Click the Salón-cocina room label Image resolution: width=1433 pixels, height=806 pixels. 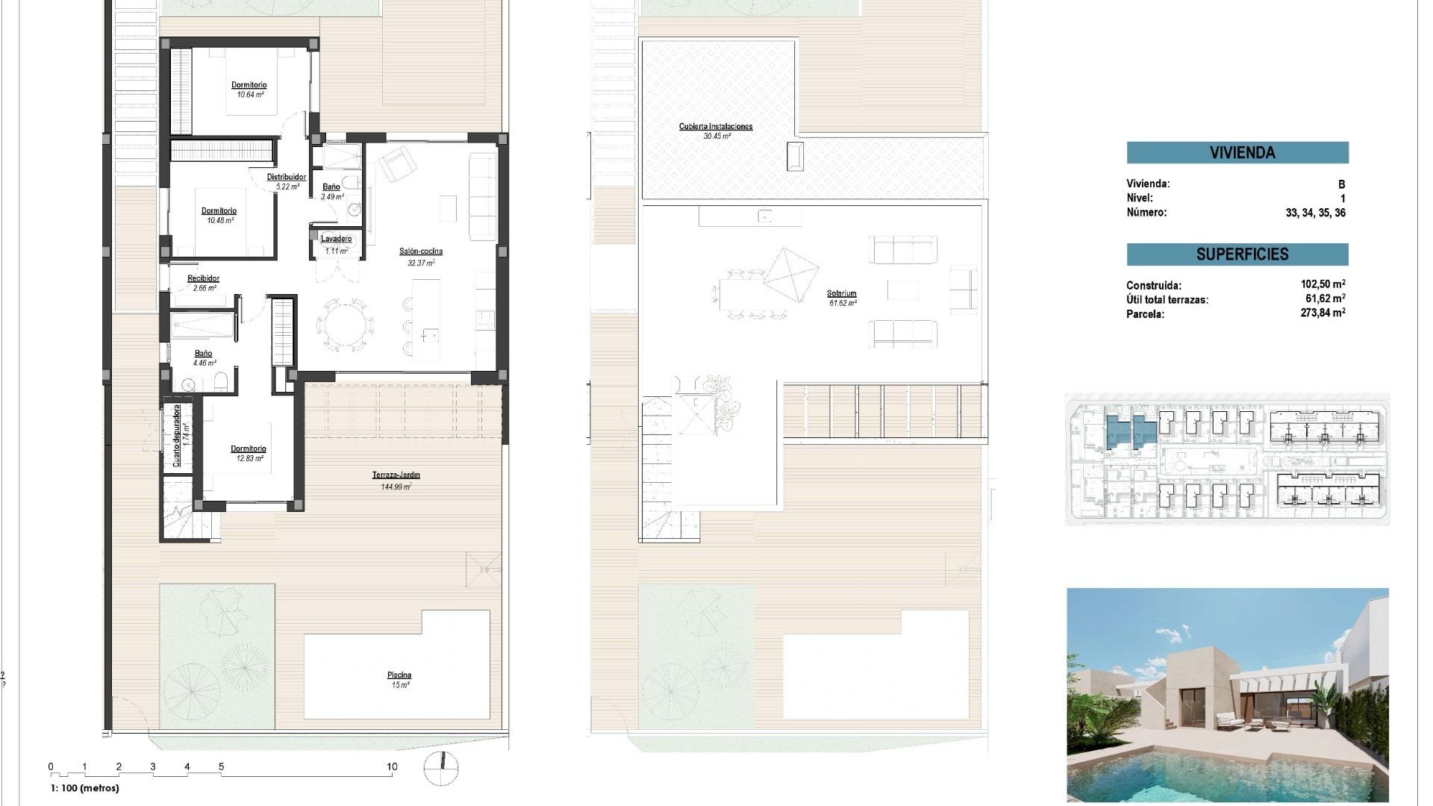tap(420, 252)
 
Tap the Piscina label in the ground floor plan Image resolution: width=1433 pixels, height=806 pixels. tap(399, 675)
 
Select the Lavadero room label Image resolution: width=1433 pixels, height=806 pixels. tap(336, 239)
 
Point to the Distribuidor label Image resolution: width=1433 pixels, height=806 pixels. tap(287, 177)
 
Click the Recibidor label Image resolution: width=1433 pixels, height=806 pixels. tap(203, 278)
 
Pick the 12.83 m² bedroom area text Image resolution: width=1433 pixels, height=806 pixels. tap(249, 458)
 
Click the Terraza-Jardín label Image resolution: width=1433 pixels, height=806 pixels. tap(396, 475)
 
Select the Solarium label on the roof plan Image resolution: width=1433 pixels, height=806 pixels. tap(841, 293)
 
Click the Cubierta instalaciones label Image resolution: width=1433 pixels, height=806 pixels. tap(716, 126)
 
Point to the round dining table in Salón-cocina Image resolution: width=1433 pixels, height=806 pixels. tap(346, 325)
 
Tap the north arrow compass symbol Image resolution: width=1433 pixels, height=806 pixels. tap(440, 769)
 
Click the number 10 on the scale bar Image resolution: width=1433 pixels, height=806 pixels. tap(392, 766)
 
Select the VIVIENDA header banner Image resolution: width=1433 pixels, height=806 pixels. tap(1237, 153)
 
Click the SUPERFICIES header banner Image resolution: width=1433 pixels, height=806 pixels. tap(1237, 254)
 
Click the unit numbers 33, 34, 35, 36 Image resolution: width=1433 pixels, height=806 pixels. tap(1315, 213)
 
